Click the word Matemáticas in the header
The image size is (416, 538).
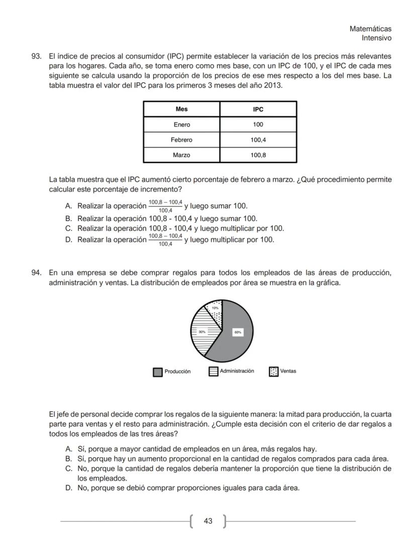point(370,29)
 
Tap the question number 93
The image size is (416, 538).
point(36,57)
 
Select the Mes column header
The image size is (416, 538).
point(181,110)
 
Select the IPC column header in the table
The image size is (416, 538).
point(258,110)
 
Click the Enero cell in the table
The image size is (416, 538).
point(181,125)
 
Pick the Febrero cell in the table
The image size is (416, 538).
point(181,140)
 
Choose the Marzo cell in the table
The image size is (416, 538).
point(181,155)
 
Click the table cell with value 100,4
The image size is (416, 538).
point(258,140)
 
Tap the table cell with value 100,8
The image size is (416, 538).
point(258,155)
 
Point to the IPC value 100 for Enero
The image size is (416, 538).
point(258,125)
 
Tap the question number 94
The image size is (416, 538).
point(36,273)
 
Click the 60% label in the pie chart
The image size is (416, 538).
point(238,332)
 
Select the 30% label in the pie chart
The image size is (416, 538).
point(201,332)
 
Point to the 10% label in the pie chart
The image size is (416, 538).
point(215,308)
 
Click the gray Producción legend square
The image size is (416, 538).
point(158,372)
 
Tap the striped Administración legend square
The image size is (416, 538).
point(214,372)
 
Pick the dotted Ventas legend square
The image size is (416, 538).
point(274,372)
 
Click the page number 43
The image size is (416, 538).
point(208,521)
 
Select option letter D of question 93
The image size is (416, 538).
point(69,240)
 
